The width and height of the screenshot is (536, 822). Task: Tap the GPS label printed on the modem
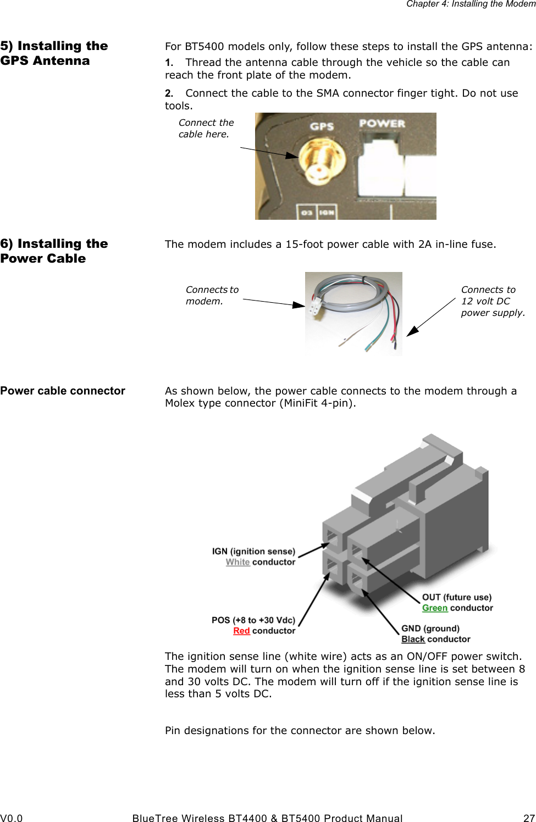[322, 126]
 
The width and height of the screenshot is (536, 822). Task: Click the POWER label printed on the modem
[382, 124]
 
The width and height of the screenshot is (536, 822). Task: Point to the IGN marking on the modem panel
[327, 212]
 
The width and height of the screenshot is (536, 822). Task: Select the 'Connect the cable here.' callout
[206, 129]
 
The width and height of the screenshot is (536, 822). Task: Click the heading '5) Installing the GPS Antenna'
[54, 53]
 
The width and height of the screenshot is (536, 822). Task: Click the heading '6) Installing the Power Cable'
[54, 251]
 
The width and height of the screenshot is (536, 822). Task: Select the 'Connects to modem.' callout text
[212, 295]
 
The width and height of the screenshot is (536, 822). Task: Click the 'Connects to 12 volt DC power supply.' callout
[492, 301]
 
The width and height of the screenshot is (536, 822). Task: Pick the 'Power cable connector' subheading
[63, 391]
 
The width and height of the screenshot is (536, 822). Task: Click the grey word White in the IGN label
[237, 562]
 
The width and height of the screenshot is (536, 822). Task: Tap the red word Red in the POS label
[241, 631]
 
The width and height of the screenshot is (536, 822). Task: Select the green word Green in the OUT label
[434, 608]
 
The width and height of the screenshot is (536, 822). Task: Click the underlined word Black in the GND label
[413, 639]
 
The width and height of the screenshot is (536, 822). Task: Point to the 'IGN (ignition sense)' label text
[253, 551]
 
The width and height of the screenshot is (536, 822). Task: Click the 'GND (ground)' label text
[430, 629]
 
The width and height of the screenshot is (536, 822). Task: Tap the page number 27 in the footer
[529, 818]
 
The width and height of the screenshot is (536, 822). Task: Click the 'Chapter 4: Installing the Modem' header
[471, 4]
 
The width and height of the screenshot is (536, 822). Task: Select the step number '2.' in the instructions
[169, 93]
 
